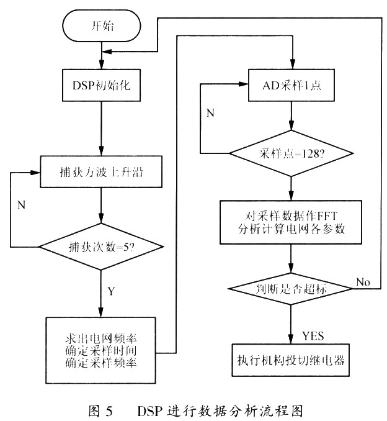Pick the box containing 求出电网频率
pos(100,351)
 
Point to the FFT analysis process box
pos(291,221)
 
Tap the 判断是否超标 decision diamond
pos(291,289)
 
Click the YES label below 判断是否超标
pos(314,335)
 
